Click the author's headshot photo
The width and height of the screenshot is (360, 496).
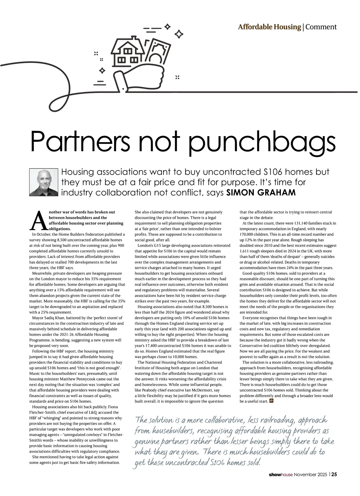point(43,182)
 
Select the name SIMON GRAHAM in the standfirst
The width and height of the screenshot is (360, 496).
point(261,193)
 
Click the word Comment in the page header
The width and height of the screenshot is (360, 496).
point(321,27)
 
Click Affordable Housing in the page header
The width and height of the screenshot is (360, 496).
point(269,27)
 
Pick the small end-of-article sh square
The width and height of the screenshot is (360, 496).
point(271,400)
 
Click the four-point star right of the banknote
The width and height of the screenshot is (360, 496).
point(179,34)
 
